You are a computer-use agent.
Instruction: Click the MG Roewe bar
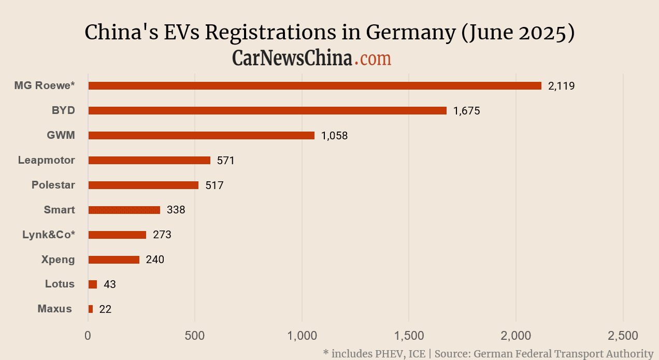point(314,86)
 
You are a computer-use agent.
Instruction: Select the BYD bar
point(267,111)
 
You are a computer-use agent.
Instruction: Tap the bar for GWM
point(201,136)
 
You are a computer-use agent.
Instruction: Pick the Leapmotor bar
point(149,161)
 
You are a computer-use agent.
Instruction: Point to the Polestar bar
point(144,185)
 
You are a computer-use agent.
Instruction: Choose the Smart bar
point(124,210)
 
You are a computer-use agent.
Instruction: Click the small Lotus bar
point(93,284)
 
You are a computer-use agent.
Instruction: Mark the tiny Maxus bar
point(91,309)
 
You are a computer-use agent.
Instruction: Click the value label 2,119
point(562,86)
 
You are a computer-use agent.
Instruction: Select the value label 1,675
point(466,111)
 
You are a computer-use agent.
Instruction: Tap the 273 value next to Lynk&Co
point(162,235)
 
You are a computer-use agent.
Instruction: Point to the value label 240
point(155,260)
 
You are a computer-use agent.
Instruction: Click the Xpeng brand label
point(58,260)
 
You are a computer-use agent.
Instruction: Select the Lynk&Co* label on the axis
point(49,235)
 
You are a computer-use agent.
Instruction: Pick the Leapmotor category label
point(47,160)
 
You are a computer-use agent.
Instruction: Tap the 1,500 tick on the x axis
point(409,336)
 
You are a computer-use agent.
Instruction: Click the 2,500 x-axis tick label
point(623,336)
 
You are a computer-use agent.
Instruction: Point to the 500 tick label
point(195,336)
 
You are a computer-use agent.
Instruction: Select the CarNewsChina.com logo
point(311,58)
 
